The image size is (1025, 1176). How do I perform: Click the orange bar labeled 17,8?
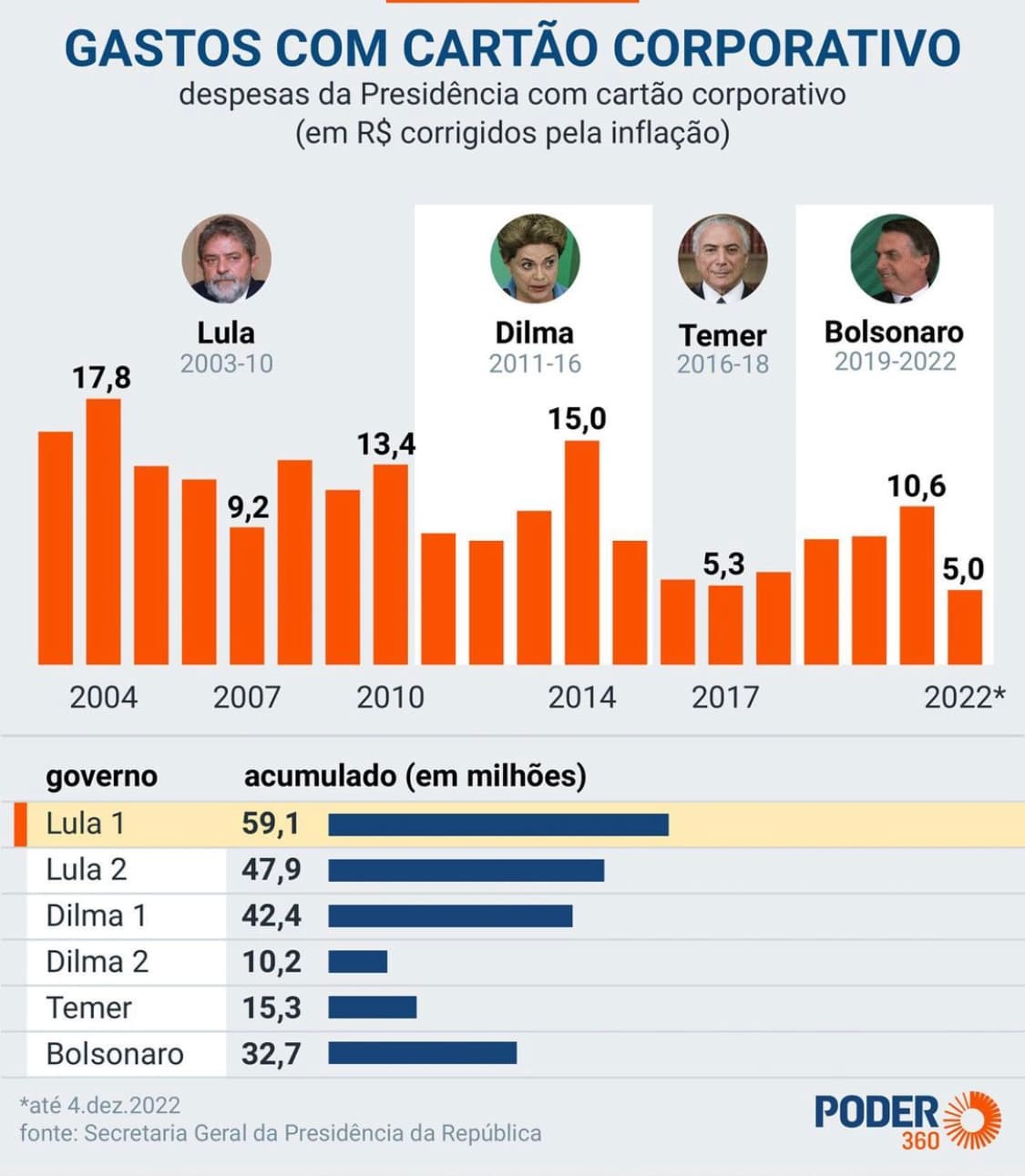[x=104, y=532]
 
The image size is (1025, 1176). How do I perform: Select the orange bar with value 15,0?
[x=582, y=553]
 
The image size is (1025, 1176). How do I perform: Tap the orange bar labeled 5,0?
[x=965, y=627]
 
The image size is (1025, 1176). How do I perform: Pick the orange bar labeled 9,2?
[x=247, y=596]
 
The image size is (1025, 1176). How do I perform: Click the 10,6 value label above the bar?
[x=917, y=486]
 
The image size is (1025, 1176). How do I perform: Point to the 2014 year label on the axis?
[x=582, y=698]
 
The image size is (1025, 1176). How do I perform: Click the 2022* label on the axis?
[x=965, y=698]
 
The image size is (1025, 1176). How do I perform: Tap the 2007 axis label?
[x=247, y=698]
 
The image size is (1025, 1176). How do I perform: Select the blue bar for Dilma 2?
[x=357, y=962]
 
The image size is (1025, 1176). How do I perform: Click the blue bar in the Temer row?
[x=373, y=1007]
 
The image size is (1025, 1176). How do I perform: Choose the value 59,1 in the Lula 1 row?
[x=271, y=824]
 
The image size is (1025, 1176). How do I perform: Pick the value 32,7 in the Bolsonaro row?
[x=272, y=1054]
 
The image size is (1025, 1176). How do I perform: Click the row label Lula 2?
[x=87, y=870]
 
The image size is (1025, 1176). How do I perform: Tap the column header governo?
[x=102, y=777]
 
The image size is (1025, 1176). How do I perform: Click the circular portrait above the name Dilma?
[x=535, y=259]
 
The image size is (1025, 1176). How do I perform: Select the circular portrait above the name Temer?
[x=723, y=259]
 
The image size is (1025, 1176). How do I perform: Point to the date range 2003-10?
[x=227, y=363]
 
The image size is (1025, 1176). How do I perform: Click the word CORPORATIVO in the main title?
[x=787, y=47]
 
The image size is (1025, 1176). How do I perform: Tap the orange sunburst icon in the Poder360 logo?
[x=973, y=1120]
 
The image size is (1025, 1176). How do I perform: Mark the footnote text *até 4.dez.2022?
[x=100, y=1105]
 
